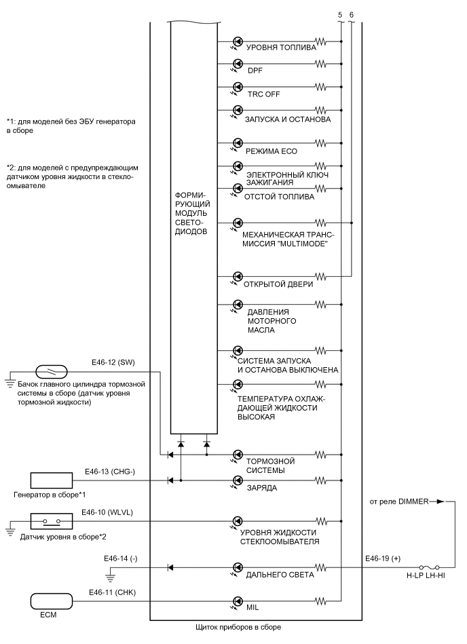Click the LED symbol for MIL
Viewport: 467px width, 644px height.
(x=238, y=601)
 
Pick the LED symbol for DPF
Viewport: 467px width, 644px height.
(x=238, y=64)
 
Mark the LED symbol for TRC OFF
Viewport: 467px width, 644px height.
(x=238, y=87)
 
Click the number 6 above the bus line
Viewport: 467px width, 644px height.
(x=351, y=14)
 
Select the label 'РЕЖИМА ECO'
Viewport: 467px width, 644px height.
(x=269, y=151)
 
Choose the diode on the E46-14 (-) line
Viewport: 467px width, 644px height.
(x=170, y=567)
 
